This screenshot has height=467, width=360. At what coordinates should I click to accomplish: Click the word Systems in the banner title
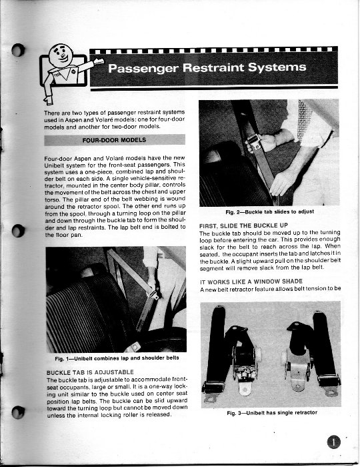click(x=277, y=67)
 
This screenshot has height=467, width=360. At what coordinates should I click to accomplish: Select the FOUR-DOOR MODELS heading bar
click(x=115, y=140)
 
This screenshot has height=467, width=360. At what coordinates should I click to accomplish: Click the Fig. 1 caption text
click(x=117, y=358)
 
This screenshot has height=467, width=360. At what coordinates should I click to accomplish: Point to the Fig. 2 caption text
click(x=269, y=211)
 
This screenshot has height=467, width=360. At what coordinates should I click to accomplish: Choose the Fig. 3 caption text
click(x=272, y=413)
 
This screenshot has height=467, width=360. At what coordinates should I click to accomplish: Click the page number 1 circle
click(x=334, y=442)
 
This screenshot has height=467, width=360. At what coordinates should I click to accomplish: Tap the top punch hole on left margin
click(x=18, y=50)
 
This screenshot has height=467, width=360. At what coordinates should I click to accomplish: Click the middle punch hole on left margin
click(x=18, y=231)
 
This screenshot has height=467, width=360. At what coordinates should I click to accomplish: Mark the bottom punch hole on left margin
click(x=18, y=412)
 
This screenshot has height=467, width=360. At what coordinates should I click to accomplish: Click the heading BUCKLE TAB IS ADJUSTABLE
click(x=90, y=372)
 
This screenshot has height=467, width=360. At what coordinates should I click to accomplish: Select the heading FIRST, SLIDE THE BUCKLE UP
click(x=244, y=225)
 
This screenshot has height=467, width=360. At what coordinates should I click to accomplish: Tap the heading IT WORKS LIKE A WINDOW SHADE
click(x=251, y=282)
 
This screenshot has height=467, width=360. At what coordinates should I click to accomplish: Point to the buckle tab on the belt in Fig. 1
click(x=153, y=294)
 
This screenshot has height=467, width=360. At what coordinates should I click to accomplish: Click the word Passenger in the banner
click(x=143, y=68)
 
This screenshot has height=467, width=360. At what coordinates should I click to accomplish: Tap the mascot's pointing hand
click(x=98, y=62)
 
